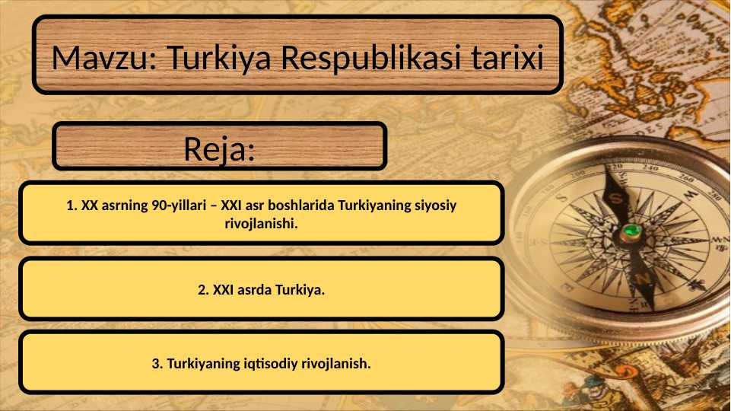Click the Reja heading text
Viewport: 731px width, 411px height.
point(218,150)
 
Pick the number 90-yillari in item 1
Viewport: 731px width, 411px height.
point(178,206)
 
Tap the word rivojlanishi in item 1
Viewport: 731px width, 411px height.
point(261,225)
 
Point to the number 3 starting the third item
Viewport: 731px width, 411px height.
point(156,364)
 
